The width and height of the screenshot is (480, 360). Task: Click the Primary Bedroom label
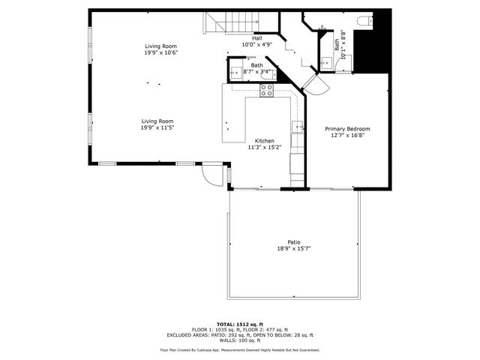point(347,129)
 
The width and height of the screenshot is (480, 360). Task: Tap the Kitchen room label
point(264,141)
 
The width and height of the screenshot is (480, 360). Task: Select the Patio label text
point(293,241)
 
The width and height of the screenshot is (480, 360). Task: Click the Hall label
point(256,38)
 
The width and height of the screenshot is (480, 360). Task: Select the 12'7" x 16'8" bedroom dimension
point(347,136)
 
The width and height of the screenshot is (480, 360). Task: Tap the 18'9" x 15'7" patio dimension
point(293,248)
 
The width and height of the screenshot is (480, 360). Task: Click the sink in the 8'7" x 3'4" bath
point(235,73)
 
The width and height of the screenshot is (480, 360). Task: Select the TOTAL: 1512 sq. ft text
point(239,323)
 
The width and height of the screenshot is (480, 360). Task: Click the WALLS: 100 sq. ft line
point(239,340)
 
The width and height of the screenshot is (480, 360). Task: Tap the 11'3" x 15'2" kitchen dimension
point(264,148)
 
